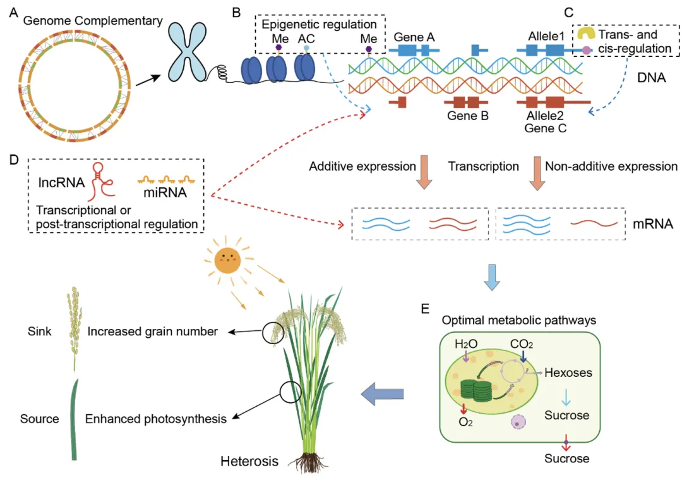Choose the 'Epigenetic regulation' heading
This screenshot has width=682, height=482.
point(319,25)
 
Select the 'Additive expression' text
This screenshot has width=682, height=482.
point(362,167)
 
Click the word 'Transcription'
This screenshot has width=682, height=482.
point(483,167)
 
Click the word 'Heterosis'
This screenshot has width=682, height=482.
point(249,461)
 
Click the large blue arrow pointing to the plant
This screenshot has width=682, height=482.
point(382,395)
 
